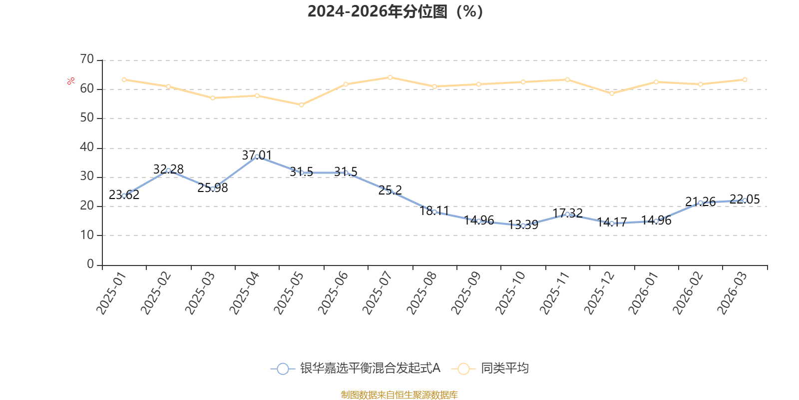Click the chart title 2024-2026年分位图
coord(395,11)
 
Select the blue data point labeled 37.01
coord(257,156)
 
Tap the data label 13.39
coord(523,224)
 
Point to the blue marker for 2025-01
coord(124,195)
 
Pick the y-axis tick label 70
coord(87,59)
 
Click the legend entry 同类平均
coord(490,368)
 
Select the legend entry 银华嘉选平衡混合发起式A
coord(356,368)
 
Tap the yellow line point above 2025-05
coord(301,105)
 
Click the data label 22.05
coord(745,199)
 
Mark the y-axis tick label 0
coord(90,264)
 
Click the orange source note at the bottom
coord(399,395)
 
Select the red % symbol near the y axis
coord(71,81)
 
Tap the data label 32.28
coord(168,169)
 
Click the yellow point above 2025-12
coord(612,93)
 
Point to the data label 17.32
coord(567,212)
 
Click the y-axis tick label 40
coord(87,147)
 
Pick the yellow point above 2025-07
coord(390,77)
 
